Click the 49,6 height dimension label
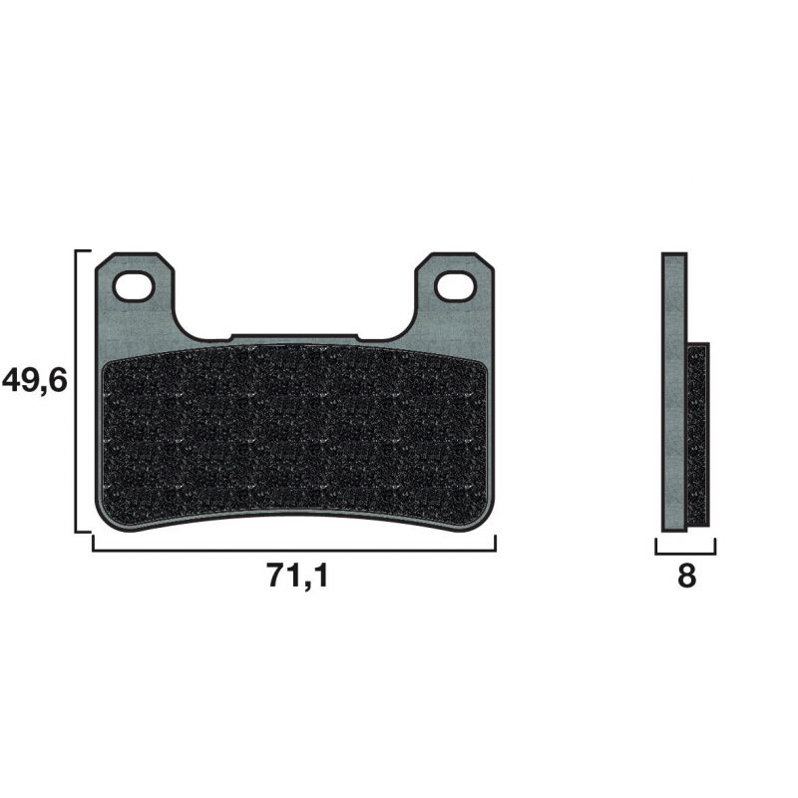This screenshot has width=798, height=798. (35, 381)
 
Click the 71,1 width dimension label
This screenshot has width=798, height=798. (297, 577)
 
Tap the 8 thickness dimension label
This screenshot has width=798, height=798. (686, 577)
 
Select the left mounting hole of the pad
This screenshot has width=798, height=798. (133, 287)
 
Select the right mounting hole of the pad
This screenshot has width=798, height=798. (455, 286)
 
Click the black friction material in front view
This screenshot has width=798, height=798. (294, 433)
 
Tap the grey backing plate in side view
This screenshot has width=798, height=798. (674, 392)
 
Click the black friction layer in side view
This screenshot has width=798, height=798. (697, 435)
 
